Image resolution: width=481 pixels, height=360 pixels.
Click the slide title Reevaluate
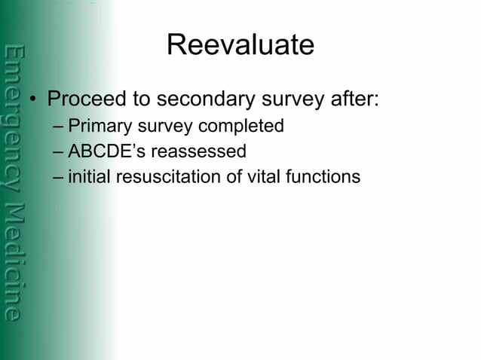click(x=240, y=45)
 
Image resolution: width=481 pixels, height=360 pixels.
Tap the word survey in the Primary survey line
click(x=159, y=127)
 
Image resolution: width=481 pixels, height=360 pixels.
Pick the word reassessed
click(x=198, y=151)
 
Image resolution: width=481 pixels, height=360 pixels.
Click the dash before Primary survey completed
click(x=60, y=127)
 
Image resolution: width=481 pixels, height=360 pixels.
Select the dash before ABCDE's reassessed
click(x=60, y=151)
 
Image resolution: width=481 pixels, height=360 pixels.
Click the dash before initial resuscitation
click(x=60, y=177)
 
